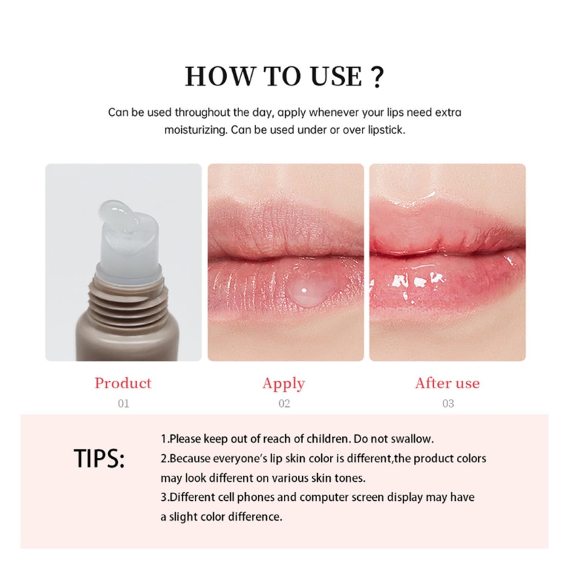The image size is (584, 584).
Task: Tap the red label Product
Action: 123,383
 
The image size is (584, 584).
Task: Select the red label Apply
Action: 283,384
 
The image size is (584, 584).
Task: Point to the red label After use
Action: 447,383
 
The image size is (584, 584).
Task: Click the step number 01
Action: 123,403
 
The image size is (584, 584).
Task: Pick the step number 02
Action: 284,403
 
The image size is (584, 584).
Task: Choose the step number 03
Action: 448,403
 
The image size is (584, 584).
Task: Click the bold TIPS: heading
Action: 99,459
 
